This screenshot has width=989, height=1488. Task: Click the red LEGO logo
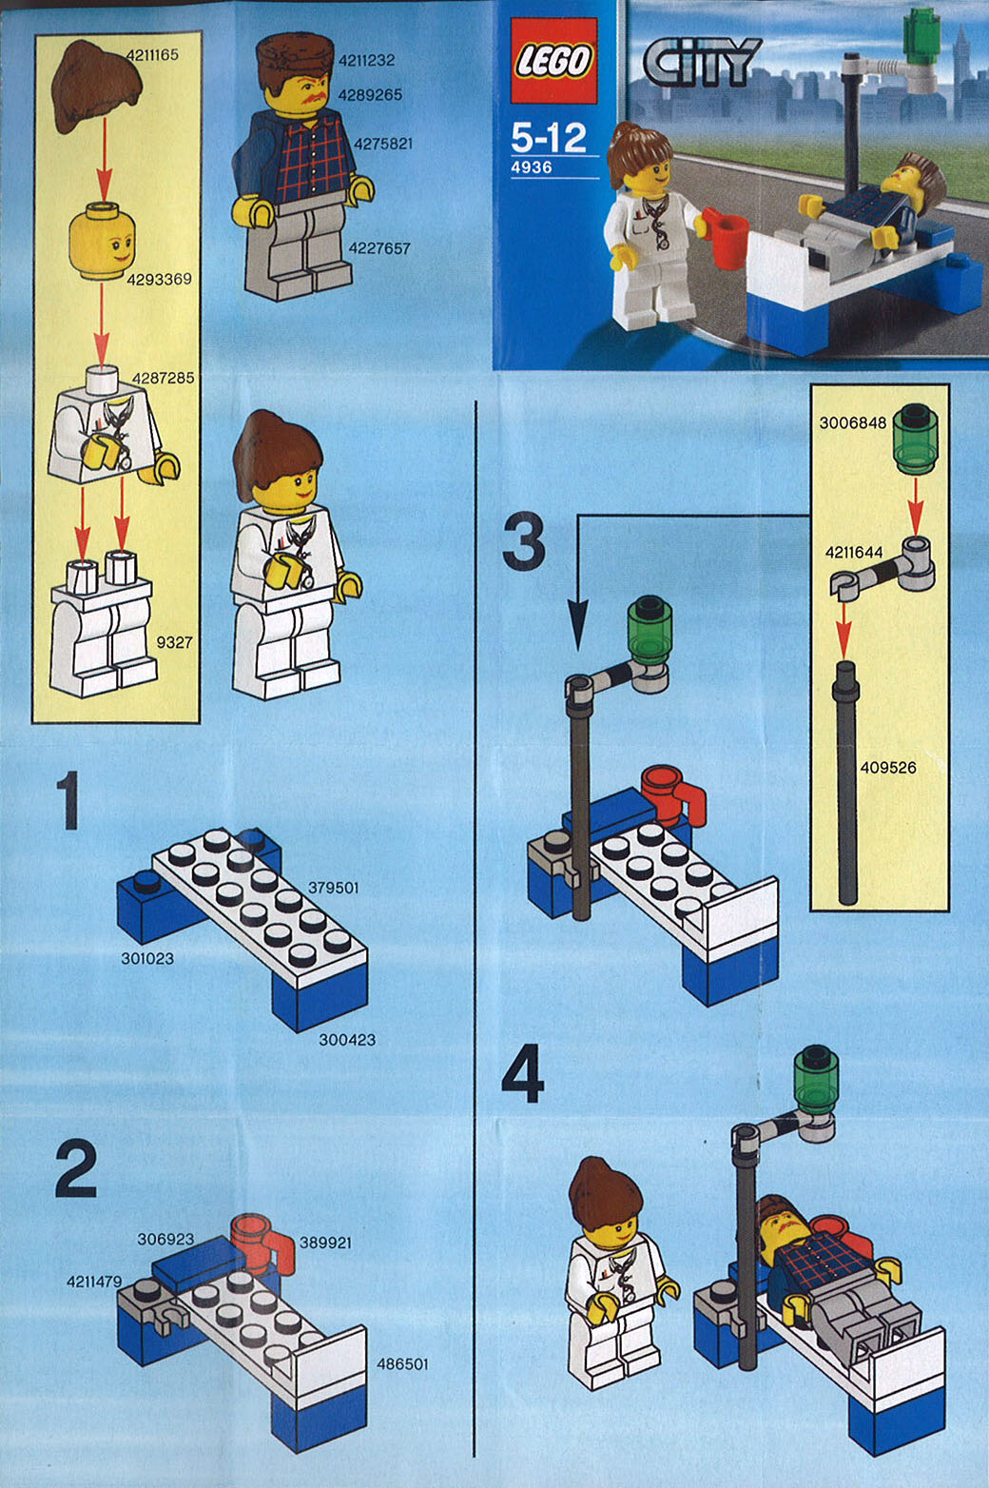coord(553,61)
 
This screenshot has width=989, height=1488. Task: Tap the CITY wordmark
coord(702,61)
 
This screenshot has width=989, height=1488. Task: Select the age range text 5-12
coord(549,138)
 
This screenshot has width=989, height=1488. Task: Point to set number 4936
coord(531,167)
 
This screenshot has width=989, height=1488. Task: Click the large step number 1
coord(68,800)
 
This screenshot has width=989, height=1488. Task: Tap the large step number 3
coord(523,540)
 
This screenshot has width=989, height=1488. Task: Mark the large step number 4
coord(522,1072)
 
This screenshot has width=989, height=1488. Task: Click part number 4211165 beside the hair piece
coord(152,54)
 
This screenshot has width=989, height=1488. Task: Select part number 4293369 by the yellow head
coord(160,279)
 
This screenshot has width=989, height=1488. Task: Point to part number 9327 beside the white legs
coord(174,642)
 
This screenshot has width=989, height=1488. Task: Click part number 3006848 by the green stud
coord(853,422)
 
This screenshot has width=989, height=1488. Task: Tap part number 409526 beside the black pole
coord(888,768)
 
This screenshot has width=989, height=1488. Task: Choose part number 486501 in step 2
coord(403,1363)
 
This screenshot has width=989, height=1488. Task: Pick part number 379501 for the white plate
coord(333,888)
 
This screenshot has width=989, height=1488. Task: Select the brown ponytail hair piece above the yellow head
coord(97,87)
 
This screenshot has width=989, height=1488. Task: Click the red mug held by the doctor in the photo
coord(726,236)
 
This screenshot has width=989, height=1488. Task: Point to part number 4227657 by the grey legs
coord(379,248)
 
